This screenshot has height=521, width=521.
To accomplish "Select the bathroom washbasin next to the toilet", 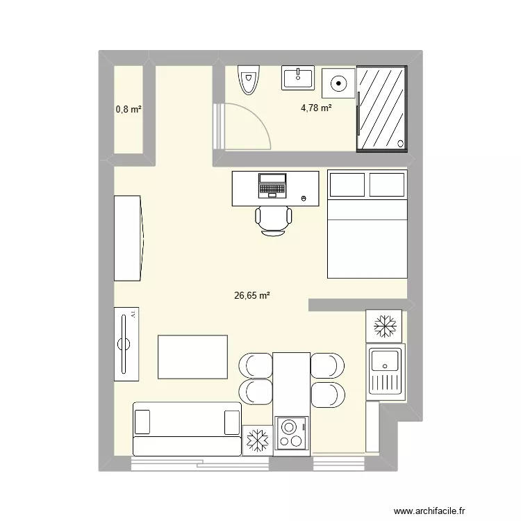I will (298, 77).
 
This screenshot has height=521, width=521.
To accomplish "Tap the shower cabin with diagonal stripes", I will (381, 108).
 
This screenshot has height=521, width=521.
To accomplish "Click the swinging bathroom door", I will (243, 125).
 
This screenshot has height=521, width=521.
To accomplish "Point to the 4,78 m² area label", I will (316, 108).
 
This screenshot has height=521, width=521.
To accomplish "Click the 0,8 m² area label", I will (129, 109).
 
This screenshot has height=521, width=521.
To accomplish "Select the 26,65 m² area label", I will (252, 295).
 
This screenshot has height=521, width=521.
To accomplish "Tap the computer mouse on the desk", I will (304, 198).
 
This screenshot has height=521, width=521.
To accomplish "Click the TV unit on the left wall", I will (128, 344).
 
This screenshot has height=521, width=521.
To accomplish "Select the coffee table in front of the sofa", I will (193, 357).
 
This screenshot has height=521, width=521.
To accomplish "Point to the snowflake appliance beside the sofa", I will (258, 440).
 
